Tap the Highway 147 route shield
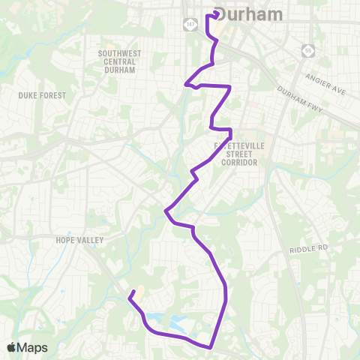click(190, 25)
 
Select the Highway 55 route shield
click(307, 51)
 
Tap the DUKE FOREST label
click(42, 95)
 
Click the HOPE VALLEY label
click(79, 240)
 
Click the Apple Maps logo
click(26, 347)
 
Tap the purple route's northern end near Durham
click(217, 13)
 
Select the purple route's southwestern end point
click(132, 292)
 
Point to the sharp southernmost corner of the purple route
click(211, 347)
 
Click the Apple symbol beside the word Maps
click(11, 347)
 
